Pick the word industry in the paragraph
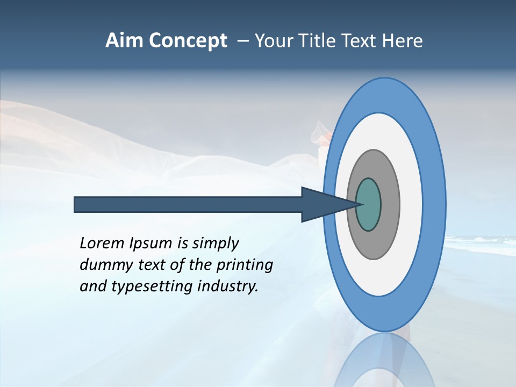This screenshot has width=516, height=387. click(x=228, y=286)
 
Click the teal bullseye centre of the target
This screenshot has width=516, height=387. click(x=369, y=205)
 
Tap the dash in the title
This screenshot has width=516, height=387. click(x=243, y=41)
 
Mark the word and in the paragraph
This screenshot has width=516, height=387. click(x=92, y=286)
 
